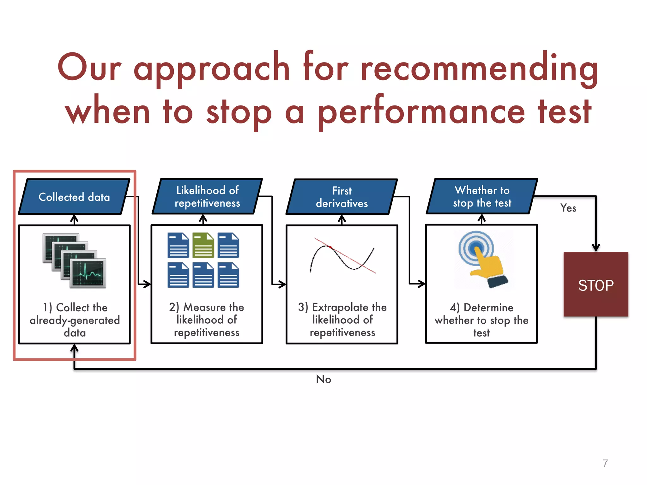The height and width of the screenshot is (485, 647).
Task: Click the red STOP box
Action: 596,284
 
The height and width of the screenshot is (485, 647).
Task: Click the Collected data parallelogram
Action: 74,197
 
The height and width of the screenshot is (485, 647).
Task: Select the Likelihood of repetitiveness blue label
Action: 207,196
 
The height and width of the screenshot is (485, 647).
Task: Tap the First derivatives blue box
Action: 342,197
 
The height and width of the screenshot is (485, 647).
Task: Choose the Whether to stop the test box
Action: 482,196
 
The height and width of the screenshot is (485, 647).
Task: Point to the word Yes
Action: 568,208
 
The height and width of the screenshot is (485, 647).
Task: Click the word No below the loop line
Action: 323,379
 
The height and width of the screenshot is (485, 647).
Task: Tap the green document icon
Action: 203,245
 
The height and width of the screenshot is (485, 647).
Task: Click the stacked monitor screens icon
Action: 75,261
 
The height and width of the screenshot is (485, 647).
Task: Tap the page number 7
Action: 605,463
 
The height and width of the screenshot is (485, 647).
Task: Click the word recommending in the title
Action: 479,67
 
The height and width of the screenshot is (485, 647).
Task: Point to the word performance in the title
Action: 421,112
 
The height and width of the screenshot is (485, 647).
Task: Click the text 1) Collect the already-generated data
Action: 75,320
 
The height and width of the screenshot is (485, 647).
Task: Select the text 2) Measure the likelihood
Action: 207,320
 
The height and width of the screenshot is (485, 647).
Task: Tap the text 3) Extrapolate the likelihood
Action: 342,320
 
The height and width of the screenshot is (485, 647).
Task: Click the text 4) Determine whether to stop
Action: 481,320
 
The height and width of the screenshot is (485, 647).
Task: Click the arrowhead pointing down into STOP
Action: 596,248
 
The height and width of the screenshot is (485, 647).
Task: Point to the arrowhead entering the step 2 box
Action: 147,284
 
